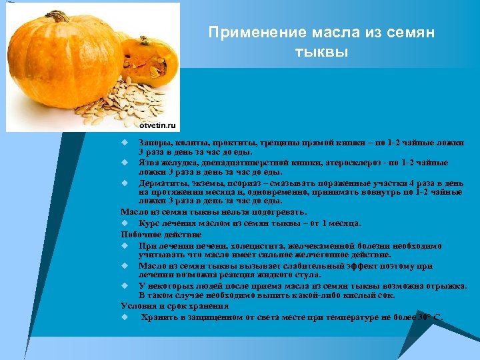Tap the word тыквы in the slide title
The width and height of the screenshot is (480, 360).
point(321,51)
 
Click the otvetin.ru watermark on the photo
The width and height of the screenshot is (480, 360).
point(157,125)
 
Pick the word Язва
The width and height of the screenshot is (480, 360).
point(148,163)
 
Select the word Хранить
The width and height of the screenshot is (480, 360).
point(157,317)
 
